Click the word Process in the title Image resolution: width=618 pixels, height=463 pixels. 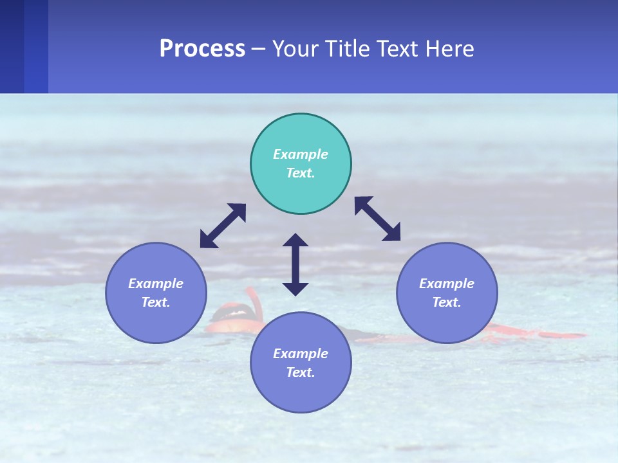(202, 49)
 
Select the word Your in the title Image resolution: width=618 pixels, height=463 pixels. (295, 49)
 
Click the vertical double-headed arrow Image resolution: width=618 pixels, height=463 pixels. (295, 264)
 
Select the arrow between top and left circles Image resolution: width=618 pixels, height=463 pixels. (223, 226)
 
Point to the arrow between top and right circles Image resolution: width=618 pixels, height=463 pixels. (377, 219)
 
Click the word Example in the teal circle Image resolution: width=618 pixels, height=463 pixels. (301, 154)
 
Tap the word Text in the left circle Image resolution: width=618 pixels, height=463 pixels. (156, 302)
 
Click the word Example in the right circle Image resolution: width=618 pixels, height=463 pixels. (447, 284)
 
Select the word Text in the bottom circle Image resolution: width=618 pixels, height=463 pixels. (301, 372)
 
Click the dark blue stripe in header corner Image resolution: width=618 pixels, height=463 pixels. (12, 46)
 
